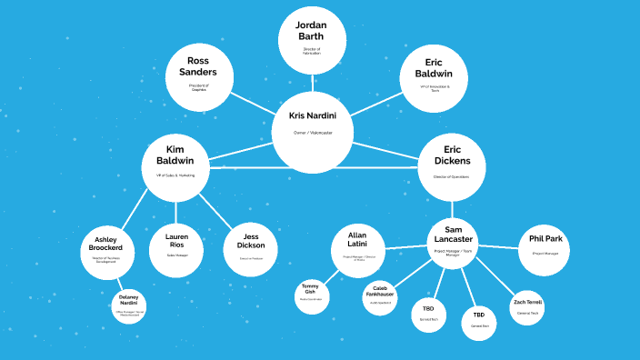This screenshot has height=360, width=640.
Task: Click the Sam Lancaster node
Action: [x=453, y=238]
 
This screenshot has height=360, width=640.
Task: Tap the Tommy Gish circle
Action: [x=311, y=294]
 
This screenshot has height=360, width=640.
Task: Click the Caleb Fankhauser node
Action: [x=381, y=295]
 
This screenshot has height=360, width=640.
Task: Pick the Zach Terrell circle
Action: [x=527, y=306]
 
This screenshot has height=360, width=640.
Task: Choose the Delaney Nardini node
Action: [x=130, y=307]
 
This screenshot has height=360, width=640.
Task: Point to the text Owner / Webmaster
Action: [x=313, y=134]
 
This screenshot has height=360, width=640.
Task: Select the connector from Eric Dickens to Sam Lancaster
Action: [x=452, y=210]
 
